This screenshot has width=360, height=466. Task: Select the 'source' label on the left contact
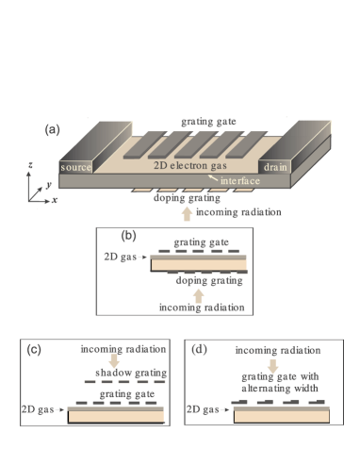[76, 167]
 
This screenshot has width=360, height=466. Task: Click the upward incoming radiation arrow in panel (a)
[186, 212]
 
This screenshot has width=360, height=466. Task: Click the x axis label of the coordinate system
[57, 201]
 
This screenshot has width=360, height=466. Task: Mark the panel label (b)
[130, 234]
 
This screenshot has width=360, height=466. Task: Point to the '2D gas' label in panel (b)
[120, 256]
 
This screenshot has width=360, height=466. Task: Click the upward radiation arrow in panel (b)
[198, 294]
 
